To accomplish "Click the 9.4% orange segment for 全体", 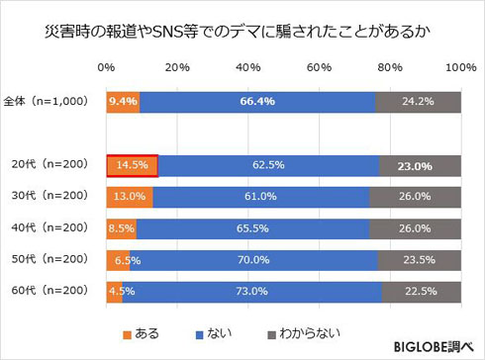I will pyautogui.click(x=123, y=101).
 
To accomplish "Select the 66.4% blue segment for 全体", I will pyautogui.click(x=256, y=101).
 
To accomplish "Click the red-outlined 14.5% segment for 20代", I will pyautogui.click(x=132, y=165).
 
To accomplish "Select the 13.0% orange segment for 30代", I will pyautogui.click(x=129, y=197).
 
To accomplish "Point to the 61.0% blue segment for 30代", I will pyautogui.click(x=260, y=197).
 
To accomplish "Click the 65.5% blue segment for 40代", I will pyautogui.click(x=252, y=228).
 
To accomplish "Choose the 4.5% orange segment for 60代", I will pyautogui.click(x=114, y=291).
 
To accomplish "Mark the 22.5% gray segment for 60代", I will pyautogui.click(x=421, y=291).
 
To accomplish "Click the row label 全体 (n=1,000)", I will pyautogui.click(x=48, y=101).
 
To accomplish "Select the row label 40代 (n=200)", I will pyautogui.click(x=48, y=228).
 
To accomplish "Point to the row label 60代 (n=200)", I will pyautogui.click(x=48, y=291).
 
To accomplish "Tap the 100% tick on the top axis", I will pyautogui.click(x=460, y=68).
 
